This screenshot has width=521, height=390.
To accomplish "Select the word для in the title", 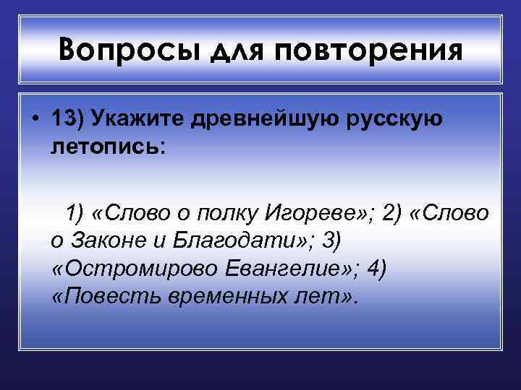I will (x=229, y=52).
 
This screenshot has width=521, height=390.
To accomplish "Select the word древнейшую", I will (x=269, y=120).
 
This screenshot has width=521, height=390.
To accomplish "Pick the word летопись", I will (x=108, y=147).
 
